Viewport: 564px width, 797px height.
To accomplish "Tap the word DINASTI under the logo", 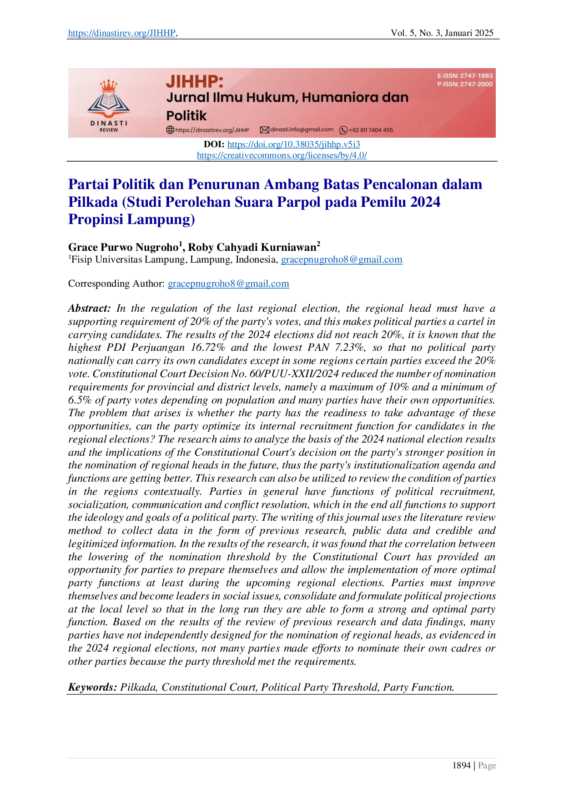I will pyautogui.click(x=109, y=123).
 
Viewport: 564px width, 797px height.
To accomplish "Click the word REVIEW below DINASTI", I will pyautogui.click(x=109, y=130).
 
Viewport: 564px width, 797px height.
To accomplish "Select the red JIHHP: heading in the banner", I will pyautogui.click(x=194, y=82).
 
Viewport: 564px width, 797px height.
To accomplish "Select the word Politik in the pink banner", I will pyautogui.click(x=186, y=115).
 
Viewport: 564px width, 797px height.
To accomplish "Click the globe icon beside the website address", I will pyautogui.click(x=170, y=130).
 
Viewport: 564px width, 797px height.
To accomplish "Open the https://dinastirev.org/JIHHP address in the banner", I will pyautogui.click(x=212, y=130).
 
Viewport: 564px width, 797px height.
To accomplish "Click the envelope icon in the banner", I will pyautogui.click(x=264, y=130).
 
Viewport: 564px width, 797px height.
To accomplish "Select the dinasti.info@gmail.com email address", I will pyautogui.click(x=302, y=130).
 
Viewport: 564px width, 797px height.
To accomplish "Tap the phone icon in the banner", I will pyautogui.click(x=343, y=130).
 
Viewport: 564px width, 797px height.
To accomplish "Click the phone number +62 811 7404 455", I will pyautogui.click(x=371, y=130).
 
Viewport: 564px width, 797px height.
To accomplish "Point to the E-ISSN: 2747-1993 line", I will pyautogui.click(x=465, y=76).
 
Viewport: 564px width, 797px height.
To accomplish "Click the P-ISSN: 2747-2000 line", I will pyautogui.click(x=465, y=84).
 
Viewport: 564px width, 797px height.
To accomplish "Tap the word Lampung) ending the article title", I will pyautogui.click(x=161, y=219).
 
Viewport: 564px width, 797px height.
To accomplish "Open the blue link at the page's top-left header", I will pyautogui.click(x=121, y=33).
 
